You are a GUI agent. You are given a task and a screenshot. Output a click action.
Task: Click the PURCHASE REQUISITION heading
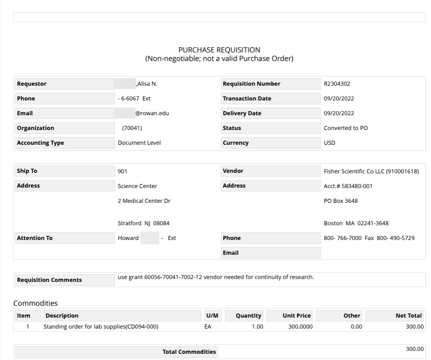(219, 50)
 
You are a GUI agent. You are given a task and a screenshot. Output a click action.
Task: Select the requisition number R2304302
(337, 84)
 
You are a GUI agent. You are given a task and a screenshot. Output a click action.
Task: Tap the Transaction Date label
(247, 99)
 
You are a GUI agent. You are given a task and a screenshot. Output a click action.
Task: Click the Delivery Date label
(242, 113)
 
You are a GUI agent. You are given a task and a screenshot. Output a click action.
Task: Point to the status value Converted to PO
(345, 128)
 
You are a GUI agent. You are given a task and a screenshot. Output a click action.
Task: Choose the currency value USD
(329, 143)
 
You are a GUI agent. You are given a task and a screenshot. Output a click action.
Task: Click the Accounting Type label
(40, 143)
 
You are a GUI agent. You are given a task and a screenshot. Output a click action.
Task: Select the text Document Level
(139, 143)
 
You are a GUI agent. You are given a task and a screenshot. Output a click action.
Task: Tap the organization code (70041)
(132, 128)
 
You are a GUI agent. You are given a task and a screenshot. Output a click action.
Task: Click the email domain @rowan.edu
(152, 113)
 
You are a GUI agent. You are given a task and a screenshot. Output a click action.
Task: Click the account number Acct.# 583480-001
(348, 186)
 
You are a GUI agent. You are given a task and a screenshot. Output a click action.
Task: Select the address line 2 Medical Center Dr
(144, 201)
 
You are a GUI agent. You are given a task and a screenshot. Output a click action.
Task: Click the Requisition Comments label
(49, 280)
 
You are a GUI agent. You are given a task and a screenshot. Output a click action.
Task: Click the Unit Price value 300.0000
(300, 327)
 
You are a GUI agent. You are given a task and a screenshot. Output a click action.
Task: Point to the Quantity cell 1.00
(257, 327)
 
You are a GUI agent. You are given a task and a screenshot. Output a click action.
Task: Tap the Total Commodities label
(189, 352)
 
